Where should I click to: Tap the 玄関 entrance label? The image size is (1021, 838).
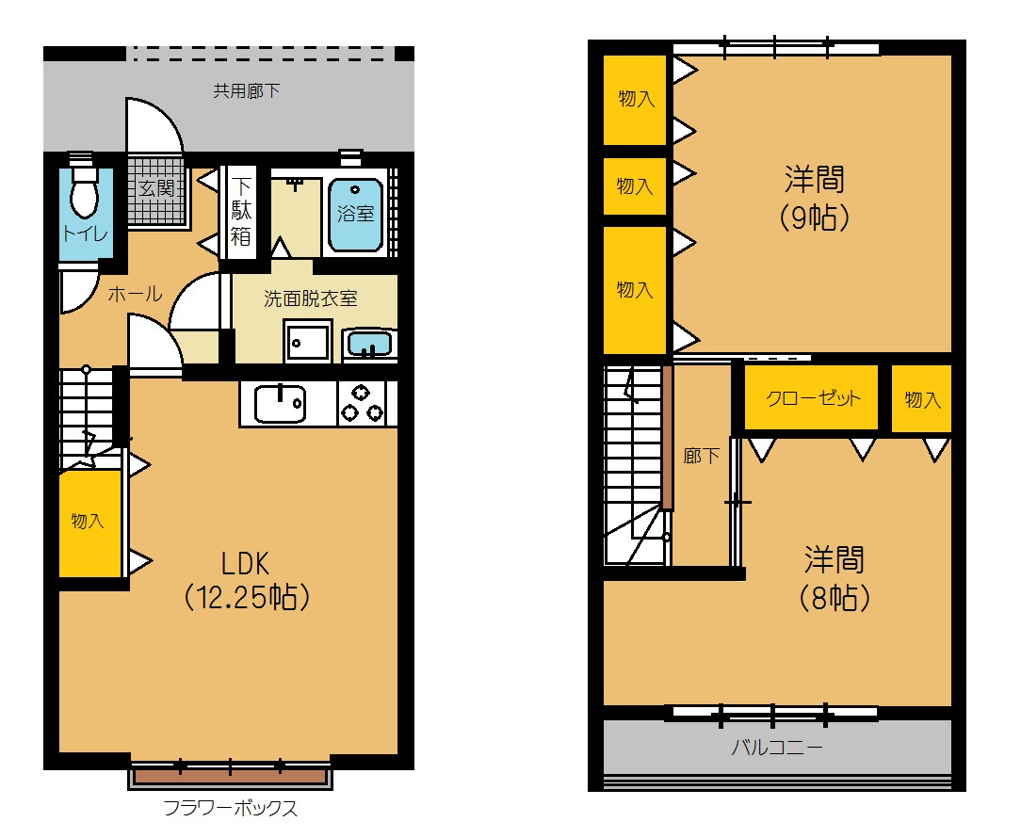(157, 189)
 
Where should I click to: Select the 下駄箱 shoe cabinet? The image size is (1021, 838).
(240, 212)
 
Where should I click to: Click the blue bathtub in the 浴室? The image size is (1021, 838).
(355, 215)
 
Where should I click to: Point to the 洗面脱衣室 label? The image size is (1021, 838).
(311, 298)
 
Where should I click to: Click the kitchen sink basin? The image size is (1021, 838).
(280, 404)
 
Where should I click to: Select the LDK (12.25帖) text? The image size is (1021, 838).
(246, 581)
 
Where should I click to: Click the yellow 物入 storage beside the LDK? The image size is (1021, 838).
(89, 524)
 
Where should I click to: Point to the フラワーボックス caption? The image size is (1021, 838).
(230, 808)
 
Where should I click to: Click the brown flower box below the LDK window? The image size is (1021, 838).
(231, 776)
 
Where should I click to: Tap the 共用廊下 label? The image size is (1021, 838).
(247, 90)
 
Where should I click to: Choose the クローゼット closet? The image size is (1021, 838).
(811, 398)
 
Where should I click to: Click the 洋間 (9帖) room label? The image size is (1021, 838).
(815, 199)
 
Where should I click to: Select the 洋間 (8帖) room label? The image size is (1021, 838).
(835, 579)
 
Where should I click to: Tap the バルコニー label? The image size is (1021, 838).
(777, 747)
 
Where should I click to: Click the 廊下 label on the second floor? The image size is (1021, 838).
(702, 456)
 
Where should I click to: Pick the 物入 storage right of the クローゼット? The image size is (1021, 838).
(921, 398)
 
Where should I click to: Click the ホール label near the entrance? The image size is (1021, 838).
(135, 295)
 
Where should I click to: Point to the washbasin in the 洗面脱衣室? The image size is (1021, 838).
(369, 344)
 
